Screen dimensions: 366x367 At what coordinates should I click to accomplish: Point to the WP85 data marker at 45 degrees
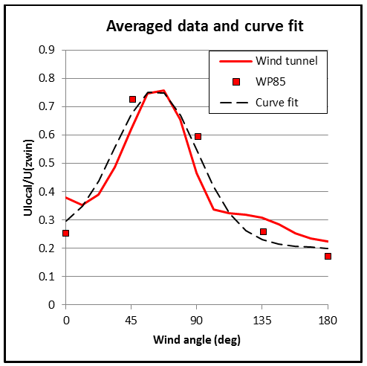[x=132, y=99]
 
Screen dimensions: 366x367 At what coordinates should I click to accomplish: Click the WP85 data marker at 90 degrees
[x=198, y=136]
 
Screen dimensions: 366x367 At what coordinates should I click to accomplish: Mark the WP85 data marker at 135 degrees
[x=263, y=232]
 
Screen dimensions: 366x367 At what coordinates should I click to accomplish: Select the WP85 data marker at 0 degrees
[x=66, y=233]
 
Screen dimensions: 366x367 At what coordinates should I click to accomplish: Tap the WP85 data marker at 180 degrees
[x=328, y=256]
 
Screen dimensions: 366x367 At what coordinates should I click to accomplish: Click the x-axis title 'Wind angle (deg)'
[x=197, y=341]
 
